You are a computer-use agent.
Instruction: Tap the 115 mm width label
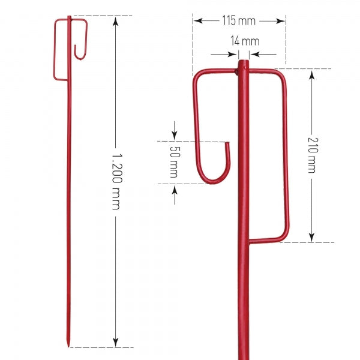(239, 21)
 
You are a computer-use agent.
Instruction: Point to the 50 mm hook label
(174, 162)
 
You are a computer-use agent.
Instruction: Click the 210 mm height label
(311, 155)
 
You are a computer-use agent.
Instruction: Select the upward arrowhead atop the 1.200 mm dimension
(116, 20)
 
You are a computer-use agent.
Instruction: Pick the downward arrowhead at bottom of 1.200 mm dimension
(116, 343)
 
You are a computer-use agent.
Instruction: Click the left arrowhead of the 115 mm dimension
(197, 21)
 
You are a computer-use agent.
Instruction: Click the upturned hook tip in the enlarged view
(227, 145)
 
